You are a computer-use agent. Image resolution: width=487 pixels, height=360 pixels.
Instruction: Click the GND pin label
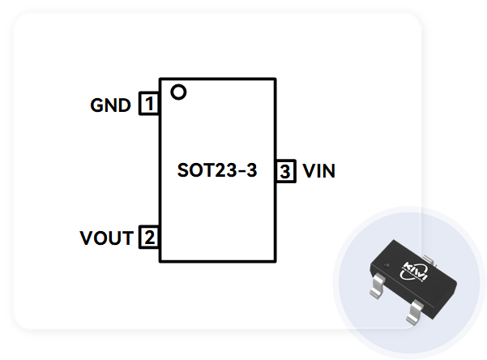[110, 105]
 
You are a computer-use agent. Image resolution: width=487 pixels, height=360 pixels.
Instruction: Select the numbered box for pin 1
[149, 105]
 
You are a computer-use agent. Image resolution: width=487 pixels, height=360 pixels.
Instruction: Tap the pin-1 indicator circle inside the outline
[178, 92]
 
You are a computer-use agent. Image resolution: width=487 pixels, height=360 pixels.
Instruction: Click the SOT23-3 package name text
[217, 171]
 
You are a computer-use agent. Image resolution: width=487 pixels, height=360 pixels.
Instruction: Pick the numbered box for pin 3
[285, 171]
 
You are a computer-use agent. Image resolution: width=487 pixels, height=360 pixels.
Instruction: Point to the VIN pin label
[319, 171]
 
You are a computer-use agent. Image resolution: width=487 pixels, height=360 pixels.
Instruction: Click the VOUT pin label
[106, 238]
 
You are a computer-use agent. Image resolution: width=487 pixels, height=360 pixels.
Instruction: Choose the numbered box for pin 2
[149, 238]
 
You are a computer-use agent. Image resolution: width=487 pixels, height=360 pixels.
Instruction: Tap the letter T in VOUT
[126, 238]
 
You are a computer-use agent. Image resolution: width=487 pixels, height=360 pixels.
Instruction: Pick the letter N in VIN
[329, 171]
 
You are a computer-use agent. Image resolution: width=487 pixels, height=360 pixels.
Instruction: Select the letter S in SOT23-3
[182, 171]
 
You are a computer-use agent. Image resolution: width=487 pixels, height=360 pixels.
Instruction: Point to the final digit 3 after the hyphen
[252, 171]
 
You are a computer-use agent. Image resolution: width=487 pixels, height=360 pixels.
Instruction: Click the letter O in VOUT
[100, 238]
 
